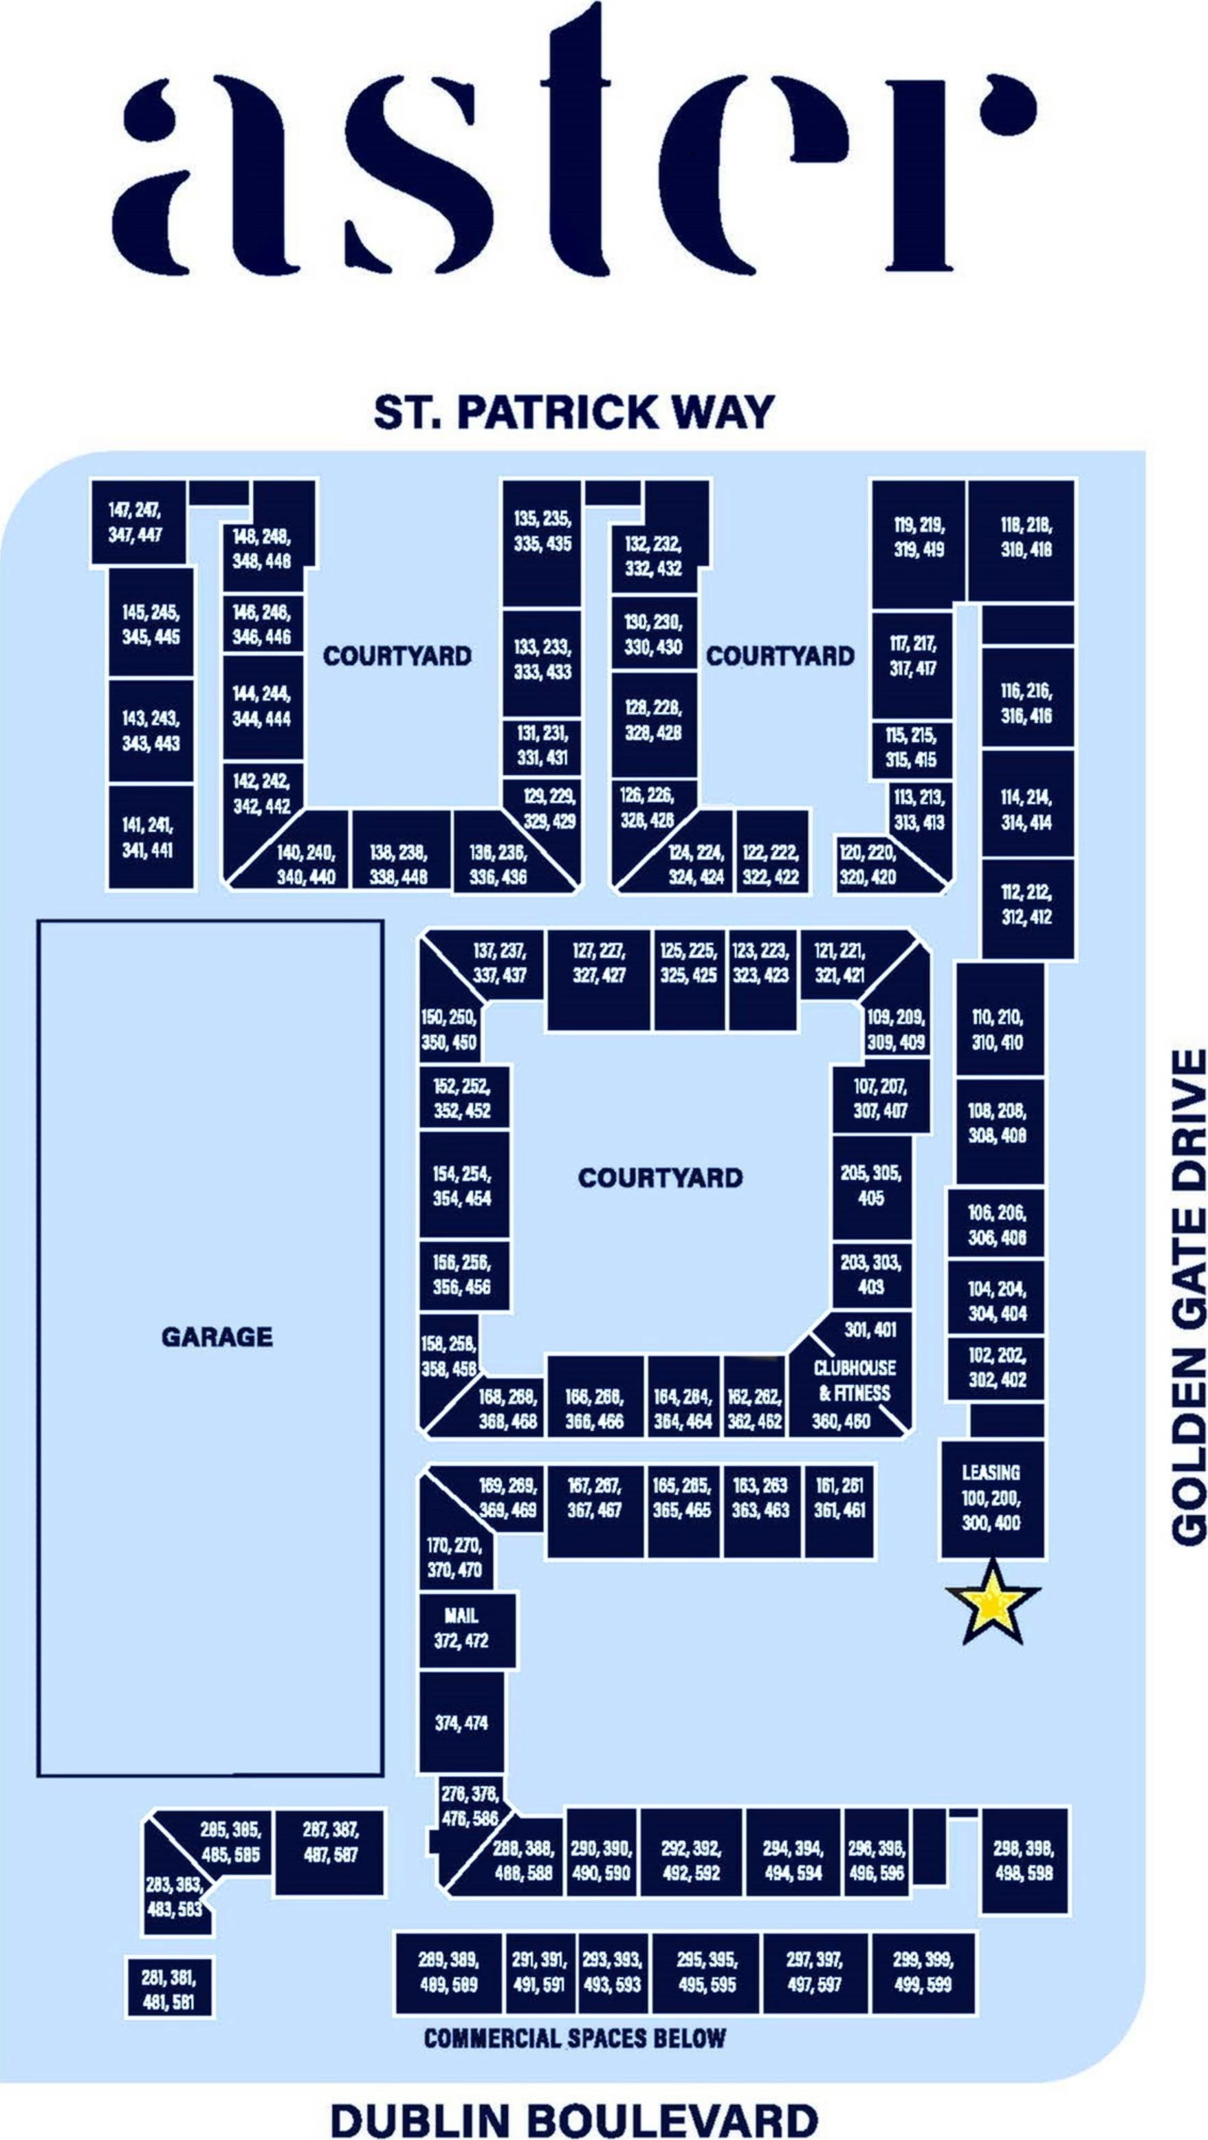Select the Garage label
(x=217, y=1337)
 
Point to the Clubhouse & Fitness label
(x=854, y=1382)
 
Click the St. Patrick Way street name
(x=573, y=412)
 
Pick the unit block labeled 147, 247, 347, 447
(x=137, y=523)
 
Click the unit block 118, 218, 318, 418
(x=1022, y=538)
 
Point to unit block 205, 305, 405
(x=870, y=1186)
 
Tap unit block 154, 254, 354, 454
(x=462, y=1186)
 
